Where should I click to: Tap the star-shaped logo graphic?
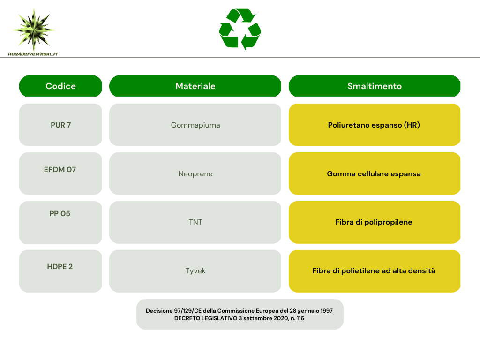click(x=34, y=30)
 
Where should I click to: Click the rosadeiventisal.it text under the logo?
click(x=33, y=54)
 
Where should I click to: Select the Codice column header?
click(x=60, y=86)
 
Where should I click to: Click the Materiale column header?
click(x=195, y=86)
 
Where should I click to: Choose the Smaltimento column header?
click(x=375, y=86)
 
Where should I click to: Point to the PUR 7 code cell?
click(x=60, y=125)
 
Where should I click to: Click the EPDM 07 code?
click(x=60, y=170)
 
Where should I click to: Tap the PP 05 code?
click(x=60, y=214)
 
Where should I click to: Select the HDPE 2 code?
click(x=60, y=267)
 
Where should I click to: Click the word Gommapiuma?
click(x=195, y=125)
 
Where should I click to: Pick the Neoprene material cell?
click(x=195, y=173)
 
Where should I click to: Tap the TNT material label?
click(x=195, y=222)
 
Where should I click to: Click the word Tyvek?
click(x=195, y=271)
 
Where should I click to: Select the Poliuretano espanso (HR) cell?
click(x=375, y=125)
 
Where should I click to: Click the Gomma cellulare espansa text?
click(x=374, y=174)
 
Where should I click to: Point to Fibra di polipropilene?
click(x=374, y=222)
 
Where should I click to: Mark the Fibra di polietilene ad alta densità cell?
click(x=375, y=271)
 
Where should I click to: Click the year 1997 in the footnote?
click(x=327, y=311)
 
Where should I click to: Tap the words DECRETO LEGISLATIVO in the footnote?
click(x=206, y=318)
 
